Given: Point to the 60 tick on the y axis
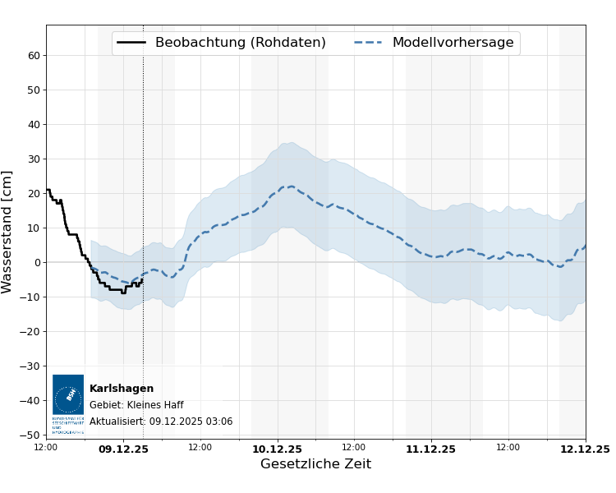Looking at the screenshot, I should pos(34,56).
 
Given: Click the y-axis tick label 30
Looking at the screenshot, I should pos(34,159).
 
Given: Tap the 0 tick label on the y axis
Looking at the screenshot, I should pos(37,263).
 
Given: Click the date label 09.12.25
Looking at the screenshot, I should pos(123,449).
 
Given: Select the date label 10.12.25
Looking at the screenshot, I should pos(278,449).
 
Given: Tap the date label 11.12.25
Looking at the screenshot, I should pos(431,449).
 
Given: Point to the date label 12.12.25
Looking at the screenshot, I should pos(585,449).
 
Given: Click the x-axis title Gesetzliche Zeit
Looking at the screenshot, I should pos(315,464).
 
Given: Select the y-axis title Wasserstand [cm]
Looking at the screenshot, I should pos(7,232).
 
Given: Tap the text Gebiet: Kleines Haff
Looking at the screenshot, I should pos(136,405).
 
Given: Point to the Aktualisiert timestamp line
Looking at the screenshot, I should pos(161,422).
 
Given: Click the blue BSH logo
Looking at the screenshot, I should pos(68,395).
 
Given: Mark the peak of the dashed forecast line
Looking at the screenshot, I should pos(290,187).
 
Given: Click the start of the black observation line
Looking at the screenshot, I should pos(47,190).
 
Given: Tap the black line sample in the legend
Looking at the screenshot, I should pos(131,43).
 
